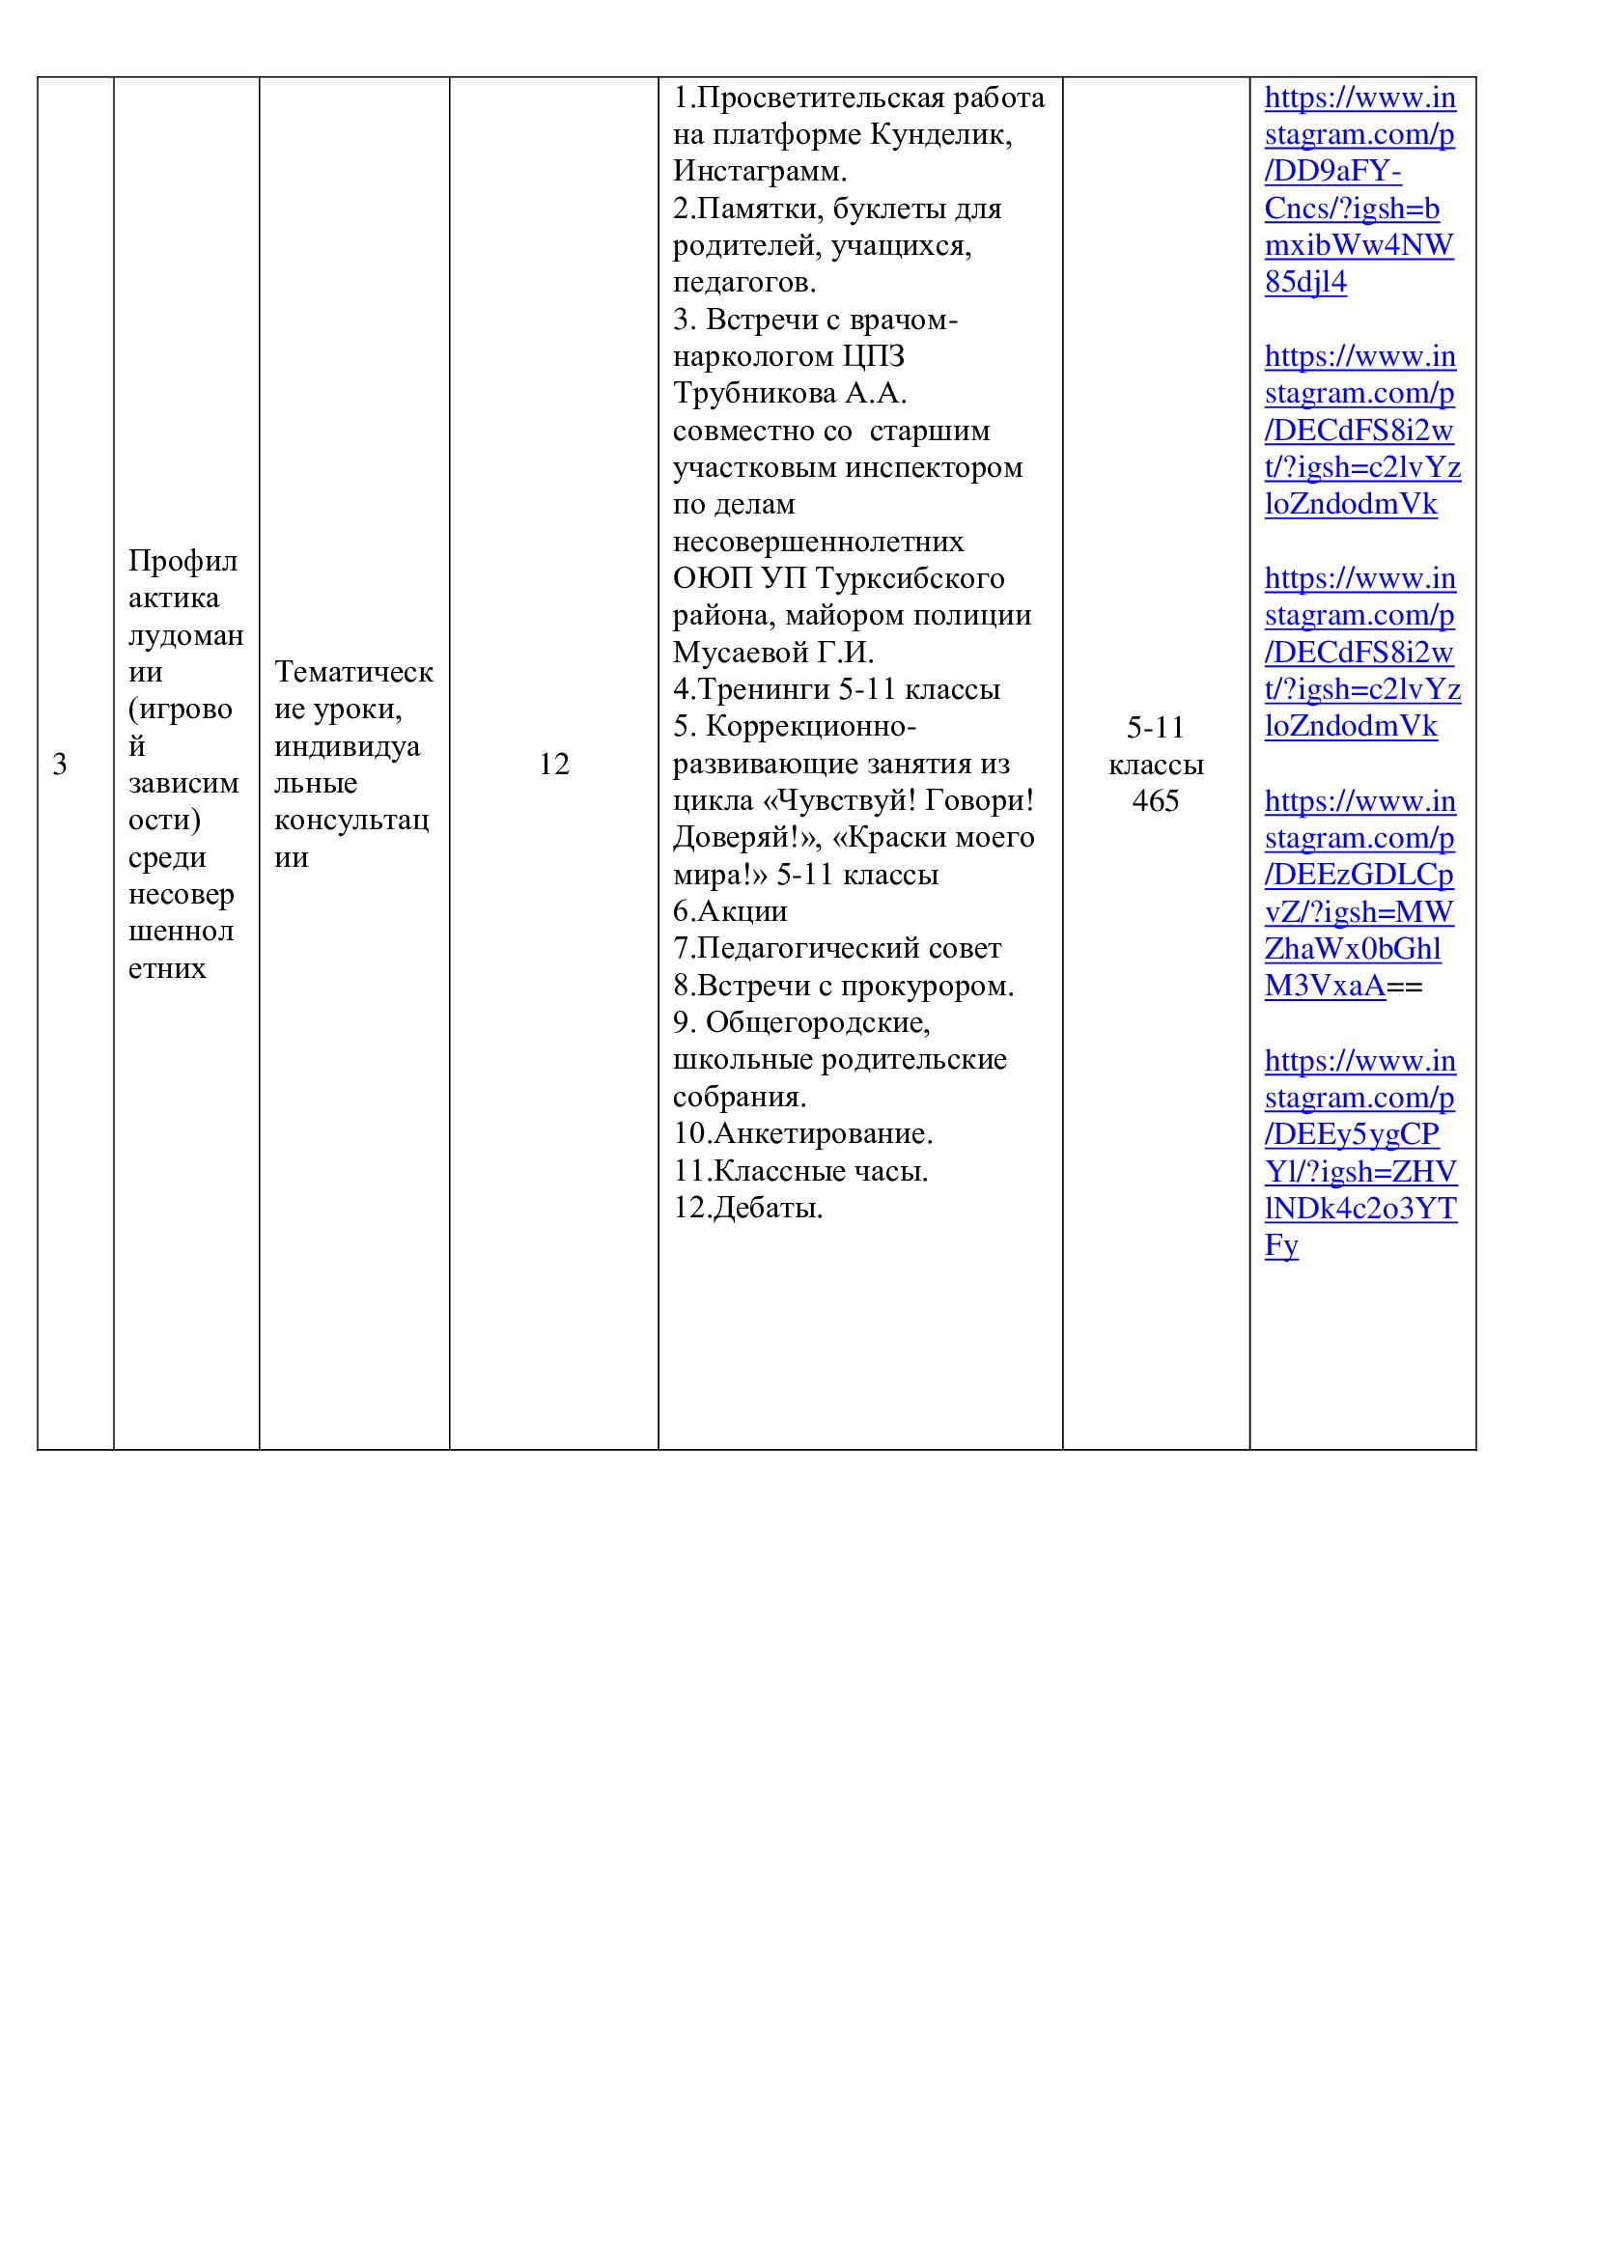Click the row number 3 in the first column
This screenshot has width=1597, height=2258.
click(x=60, y=765)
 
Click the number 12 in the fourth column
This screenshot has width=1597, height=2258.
click(x=553, y=765)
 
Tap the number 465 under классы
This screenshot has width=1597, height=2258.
click(x=1156, y=801)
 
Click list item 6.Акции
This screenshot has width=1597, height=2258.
click(x=731, y=911)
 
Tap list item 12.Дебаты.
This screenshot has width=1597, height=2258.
click(x=748, y=1208)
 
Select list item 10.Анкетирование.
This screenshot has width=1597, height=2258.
click(x=803, y=1134)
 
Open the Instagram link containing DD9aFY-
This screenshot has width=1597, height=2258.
click(x=1359, y=190)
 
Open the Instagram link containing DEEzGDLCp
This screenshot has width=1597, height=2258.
click(x=1359, y=893)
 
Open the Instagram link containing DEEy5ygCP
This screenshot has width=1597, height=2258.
click(x=1359, y=1153)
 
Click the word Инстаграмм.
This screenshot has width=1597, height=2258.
click(x=759, y=171)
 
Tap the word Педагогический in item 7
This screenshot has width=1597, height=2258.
click(x=813, y=949)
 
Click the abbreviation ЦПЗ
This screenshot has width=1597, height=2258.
click(x=873, y=356)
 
